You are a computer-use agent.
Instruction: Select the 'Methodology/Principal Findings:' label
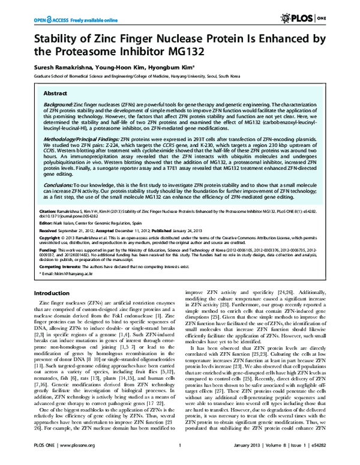[x=78, y=138]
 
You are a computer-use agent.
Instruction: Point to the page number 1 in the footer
[x=180, y=459]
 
